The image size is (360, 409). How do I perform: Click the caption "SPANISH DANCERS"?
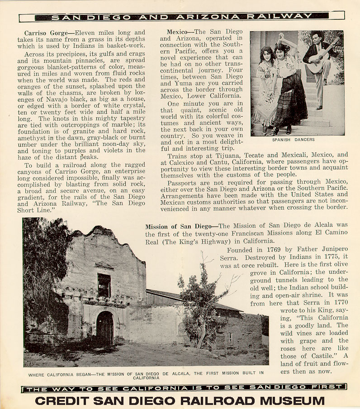click(x=293, y=140)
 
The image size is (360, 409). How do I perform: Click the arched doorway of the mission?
click(x=105, y=327)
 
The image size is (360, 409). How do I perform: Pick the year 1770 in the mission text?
click(x=339, y=303)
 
